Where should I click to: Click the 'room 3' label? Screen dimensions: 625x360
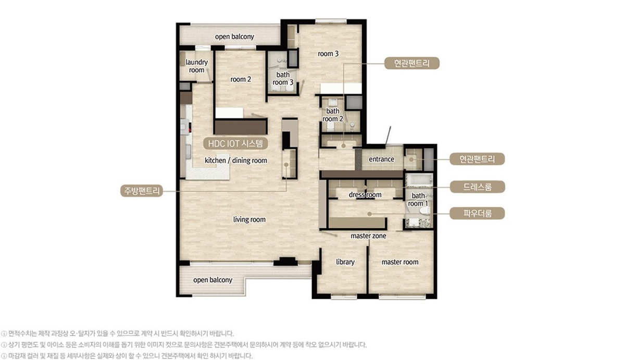328,54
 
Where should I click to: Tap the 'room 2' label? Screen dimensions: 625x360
241,79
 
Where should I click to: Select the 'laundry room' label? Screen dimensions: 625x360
196,66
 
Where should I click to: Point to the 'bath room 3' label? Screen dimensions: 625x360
283,79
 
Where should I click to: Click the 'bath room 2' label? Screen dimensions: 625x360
333,115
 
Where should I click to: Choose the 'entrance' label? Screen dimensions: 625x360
381,159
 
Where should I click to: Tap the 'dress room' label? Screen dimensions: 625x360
365,194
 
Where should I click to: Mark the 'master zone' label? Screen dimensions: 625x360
368,236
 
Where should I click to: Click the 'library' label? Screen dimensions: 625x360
345,262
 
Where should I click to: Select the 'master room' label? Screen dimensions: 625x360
400,262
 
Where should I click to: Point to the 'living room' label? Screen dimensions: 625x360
249,219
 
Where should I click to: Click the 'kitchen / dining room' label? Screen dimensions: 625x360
236,160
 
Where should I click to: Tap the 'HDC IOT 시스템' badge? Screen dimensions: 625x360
235,143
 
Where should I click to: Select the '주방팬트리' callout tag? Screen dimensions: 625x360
142,191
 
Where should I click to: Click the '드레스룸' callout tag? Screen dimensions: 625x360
478,187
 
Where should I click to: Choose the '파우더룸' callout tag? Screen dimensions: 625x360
477,214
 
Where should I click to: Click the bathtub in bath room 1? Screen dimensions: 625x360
419,181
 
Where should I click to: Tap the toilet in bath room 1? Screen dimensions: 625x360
425,210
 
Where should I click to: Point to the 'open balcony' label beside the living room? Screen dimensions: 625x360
213,280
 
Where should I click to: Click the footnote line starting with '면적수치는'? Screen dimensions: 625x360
118,333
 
